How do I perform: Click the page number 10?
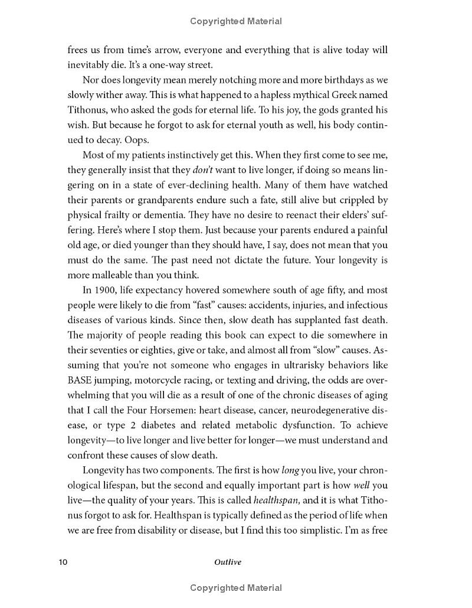[63, 562]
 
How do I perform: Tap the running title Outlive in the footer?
[227, 562]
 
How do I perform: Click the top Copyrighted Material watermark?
[236, 21]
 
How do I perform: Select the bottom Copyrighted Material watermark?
[236, 588]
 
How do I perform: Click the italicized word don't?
[202, 170]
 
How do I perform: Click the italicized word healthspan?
[276, 500]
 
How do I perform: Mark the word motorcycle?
[163, 380]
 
